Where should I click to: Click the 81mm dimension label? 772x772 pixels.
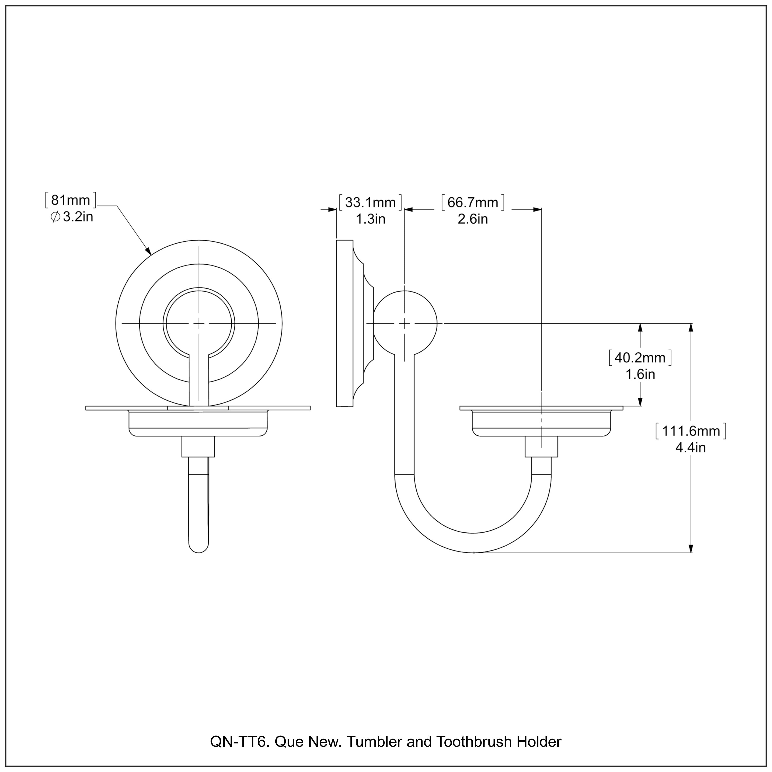pyautogui.click(x=71, y=200)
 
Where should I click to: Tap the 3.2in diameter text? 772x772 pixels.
pyautogui.click(x=78, y=217)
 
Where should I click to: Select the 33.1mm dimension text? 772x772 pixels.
pyautogui.click(x=370, y=203)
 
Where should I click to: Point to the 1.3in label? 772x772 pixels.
pyautogui.click(x=370, y=219)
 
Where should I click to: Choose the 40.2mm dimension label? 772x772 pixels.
pyautogui.click(x=640, y=358)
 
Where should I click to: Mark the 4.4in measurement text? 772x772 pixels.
pyautogui.click(x=690, y=448)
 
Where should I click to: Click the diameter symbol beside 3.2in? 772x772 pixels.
pyautogui.click(x=56, y=217)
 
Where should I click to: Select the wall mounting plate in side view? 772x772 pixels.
pyautogui.click(x=345, y=323)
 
